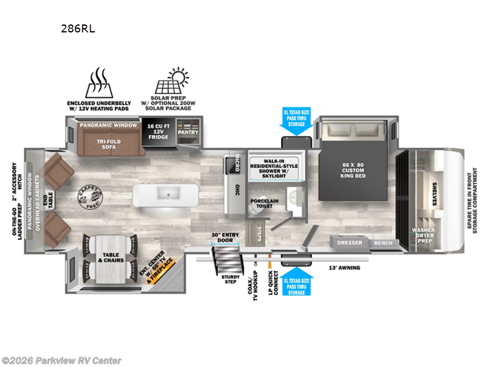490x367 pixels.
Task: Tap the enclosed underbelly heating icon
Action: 97,84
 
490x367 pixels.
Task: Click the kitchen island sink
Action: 166,195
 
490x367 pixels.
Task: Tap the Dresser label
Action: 350,243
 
